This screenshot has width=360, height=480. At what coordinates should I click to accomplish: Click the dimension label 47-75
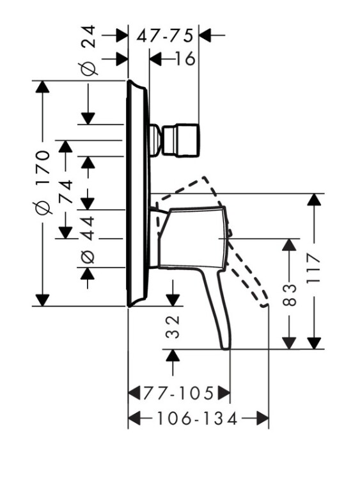[x=165, y=35]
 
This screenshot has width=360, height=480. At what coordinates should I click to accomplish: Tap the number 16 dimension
[x=185, y=58]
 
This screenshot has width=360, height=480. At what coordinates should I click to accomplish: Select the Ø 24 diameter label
[x=88, y=51]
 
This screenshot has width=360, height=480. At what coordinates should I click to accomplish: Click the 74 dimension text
[x=65, y=191]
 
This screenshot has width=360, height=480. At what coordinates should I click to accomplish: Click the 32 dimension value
[x=173, y=327]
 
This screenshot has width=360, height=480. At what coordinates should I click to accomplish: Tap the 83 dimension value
[x=290, y=295]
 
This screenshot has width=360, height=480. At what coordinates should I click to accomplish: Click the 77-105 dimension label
[x=178, y=393]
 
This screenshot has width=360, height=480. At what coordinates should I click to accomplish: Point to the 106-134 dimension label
[x=197, y=418]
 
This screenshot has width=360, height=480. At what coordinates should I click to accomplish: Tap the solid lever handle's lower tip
[x=226, y=347]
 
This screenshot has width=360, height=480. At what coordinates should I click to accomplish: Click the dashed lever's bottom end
[x=264, y=305]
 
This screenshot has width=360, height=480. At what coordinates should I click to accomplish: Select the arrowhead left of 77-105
[x=134, y=393]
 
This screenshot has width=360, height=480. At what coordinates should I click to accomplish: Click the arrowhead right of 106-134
[x=262, y=418]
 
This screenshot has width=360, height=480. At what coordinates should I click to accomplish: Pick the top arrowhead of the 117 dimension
[x=314, y=200]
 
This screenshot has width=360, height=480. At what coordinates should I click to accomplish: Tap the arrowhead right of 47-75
[x=205, y=35]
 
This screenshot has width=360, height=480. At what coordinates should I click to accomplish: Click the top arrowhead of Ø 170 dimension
[x=42, y=86]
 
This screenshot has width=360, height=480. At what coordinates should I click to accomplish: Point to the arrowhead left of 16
[x=155, y=58]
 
